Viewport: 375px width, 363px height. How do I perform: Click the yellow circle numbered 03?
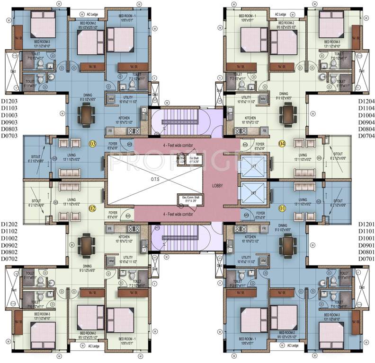pos(93,144)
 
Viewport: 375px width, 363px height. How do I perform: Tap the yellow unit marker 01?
pos(283,207)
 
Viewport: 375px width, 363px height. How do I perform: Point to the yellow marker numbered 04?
pos(283,144)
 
